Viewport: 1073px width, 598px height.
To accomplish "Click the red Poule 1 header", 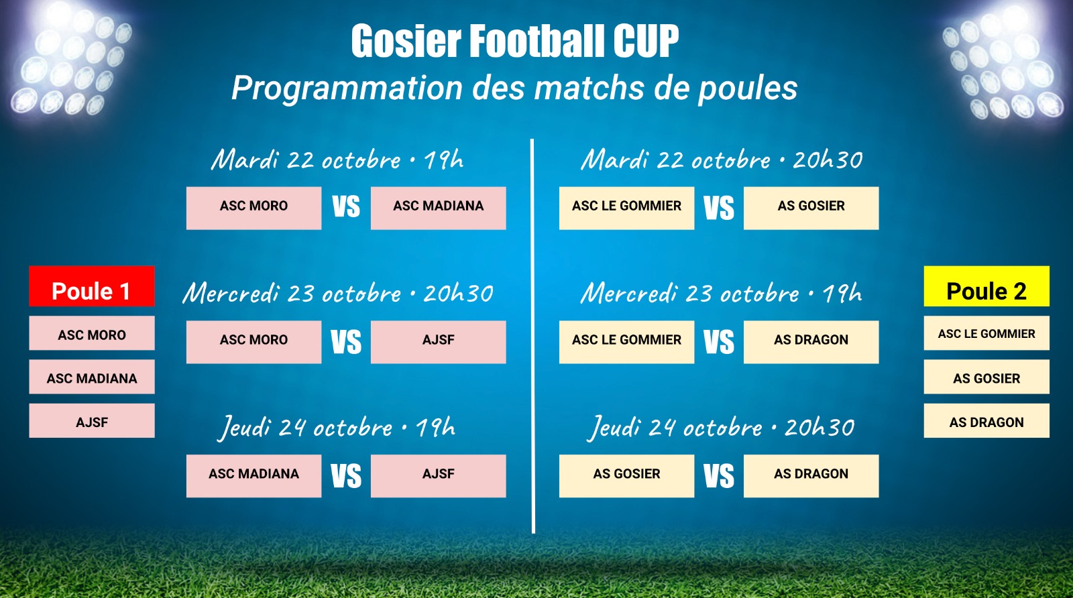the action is pos(91,286).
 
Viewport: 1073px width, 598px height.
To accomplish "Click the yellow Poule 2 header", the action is pos(986,286).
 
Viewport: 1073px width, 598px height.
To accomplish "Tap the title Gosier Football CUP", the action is pos(515,41).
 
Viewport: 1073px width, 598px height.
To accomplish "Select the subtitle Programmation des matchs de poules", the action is pos(514,88).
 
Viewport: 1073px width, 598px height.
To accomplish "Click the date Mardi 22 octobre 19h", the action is pos(337,160).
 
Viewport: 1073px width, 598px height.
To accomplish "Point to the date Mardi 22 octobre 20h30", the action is pos(722,160).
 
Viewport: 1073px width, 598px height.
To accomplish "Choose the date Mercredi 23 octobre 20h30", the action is pos(338,293).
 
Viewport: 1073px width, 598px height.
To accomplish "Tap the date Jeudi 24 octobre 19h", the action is pos(336,428).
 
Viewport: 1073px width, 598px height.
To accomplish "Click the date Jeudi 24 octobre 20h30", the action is pos(721,428).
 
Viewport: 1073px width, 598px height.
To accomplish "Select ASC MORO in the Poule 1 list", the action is pos(91,333).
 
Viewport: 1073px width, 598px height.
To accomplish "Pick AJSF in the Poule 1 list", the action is pos(91,421).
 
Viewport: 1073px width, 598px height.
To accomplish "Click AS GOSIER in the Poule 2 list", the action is pos(986,377).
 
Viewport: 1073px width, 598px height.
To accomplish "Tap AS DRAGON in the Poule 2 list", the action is pos(986,421).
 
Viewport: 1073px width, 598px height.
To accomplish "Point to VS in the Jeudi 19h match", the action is pos(346,476).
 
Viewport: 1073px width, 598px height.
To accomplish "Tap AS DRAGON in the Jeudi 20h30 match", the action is pos(811,476).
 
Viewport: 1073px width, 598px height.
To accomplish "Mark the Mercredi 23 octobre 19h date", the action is pos(722,293).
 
